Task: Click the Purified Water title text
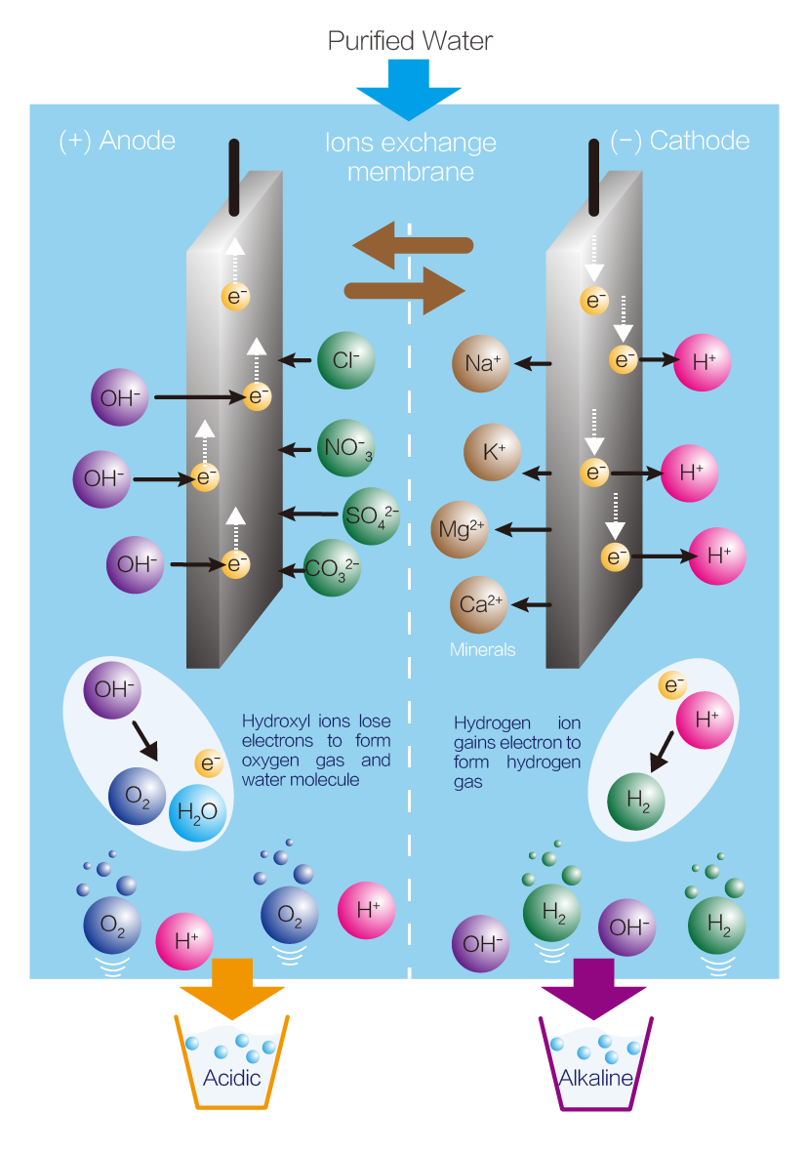click(x=410, y=40)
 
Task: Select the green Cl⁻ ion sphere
click(x=346, y=360)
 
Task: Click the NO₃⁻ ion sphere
click(x=346, y=449)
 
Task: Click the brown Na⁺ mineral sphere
click(x=482, y=364)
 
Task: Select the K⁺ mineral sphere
click(x=493, y=453)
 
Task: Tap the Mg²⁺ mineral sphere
click(x=461, y=529)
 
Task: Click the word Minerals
click(x=482, y=649)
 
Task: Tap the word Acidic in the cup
click(x=232, y=1078)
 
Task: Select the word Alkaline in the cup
click(x=595, y=1078)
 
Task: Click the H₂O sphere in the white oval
click(x=199, y=807)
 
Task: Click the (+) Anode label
click(x=117, y=141)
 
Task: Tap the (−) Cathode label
click(x=679, y=141)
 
